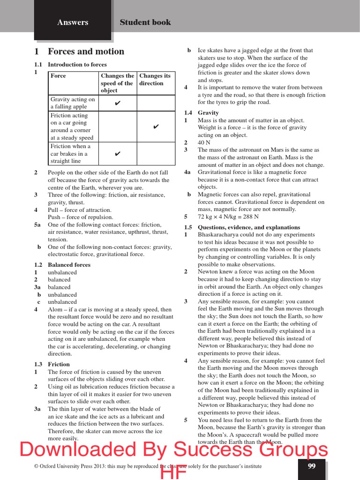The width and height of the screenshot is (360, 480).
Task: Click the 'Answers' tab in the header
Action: [73, 22]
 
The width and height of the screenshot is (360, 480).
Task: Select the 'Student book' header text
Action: [145, 22]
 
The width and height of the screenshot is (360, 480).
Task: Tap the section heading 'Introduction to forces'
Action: [77, 65]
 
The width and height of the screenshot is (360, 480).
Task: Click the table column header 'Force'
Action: [58, 76]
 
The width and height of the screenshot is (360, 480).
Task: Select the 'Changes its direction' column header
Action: [155, 79]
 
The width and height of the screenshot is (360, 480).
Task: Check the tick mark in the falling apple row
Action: [118, 103]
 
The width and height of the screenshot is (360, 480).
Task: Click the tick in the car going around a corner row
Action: [156, 127]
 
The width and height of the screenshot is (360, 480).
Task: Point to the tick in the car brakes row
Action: [118, 154]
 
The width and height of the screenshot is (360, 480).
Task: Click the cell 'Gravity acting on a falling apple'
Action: [73, 103]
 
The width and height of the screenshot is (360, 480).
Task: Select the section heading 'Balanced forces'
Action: [69, 265]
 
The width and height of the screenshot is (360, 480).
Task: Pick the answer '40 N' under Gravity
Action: [204, 142]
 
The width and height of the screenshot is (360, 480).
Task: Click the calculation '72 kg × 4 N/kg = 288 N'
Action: [228, 217]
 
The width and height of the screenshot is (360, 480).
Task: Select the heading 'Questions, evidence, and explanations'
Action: [249, 227]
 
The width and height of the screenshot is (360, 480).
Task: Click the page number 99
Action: [312, 466]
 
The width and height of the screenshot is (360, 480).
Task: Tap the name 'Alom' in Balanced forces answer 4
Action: [55, 310]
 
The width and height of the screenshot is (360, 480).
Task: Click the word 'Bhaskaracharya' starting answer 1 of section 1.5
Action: [220, 234]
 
